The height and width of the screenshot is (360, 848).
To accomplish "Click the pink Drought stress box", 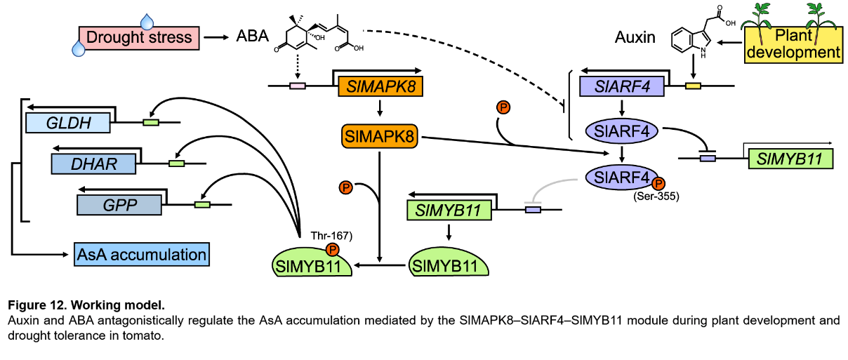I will click(139, 36).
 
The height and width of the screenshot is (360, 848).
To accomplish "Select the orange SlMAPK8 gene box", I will click(380, 87).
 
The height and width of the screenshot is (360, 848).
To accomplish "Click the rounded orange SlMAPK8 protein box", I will click(378, 136).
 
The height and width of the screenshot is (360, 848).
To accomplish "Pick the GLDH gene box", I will click(67, 123).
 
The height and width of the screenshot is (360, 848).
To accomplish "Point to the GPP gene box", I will click(119, 205).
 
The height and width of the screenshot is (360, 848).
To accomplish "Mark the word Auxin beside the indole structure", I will click(635, 37).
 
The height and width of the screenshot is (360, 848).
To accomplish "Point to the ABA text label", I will click(252, 35).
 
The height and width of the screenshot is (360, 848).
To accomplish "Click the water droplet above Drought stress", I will click(147, 20).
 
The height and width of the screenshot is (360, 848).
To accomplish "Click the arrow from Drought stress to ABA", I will click(218, 36).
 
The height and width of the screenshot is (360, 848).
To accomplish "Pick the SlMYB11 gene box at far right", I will click(790, 158).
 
